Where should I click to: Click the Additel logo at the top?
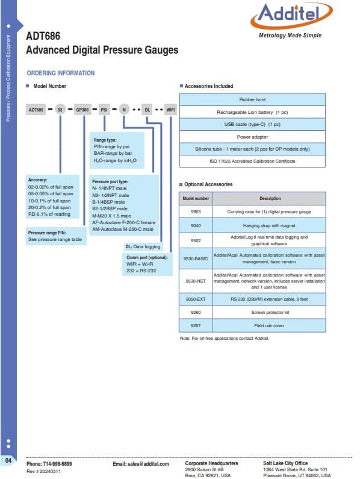291,20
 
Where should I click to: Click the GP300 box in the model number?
82,110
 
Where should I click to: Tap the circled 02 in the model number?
60,110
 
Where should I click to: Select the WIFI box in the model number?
170,110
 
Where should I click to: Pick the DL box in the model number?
147,110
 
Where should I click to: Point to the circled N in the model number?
124,110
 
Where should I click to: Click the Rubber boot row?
252,99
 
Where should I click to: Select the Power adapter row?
252,137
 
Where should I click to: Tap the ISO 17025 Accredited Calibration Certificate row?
252,161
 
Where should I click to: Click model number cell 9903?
196,211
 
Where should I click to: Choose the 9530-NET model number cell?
196,281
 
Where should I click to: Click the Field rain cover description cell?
269,325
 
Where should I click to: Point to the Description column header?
270,199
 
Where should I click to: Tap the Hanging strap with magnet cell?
269,225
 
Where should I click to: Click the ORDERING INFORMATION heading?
61,73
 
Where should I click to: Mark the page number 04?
8,460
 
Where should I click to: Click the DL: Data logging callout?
143,246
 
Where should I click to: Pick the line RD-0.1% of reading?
49,214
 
